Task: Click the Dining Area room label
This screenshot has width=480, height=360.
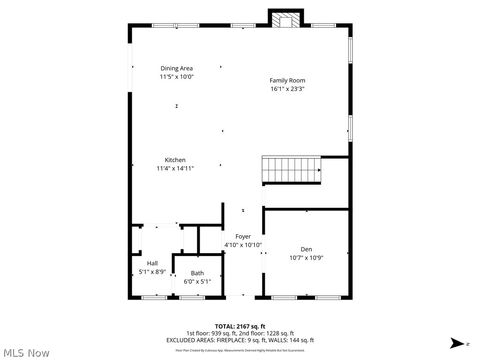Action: [177, 68]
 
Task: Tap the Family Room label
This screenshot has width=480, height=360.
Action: [287, 80]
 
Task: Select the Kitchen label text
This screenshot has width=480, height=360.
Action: [175, 160]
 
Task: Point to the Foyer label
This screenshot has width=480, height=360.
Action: [243, 237]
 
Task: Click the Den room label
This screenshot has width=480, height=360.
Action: [307, 249]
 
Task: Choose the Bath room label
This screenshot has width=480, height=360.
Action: [197, 273]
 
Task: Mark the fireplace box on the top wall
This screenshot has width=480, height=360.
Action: [285, 18]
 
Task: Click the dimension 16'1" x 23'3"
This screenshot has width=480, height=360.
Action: [287, 88]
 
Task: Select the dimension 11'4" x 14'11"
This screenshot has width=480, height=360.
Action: [175, 168]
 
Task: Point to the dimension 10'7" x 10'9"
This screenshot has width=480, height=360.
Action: [307, 257]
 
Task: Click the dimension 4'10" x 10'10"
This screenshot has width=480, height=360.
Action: [243, 245]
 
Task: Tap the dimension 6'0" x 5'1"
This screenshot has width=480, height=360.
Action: [197, 281]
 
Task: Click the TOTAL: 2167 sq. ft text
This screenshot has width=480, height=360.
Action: [239, 325]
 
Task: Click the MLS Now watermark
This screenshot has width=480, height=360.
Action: [25, 352]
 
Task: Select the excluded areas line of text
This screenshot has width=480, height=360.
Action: [240, 339]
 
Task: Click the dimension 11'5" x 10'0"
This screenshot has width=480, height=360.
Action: [177, 76]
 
